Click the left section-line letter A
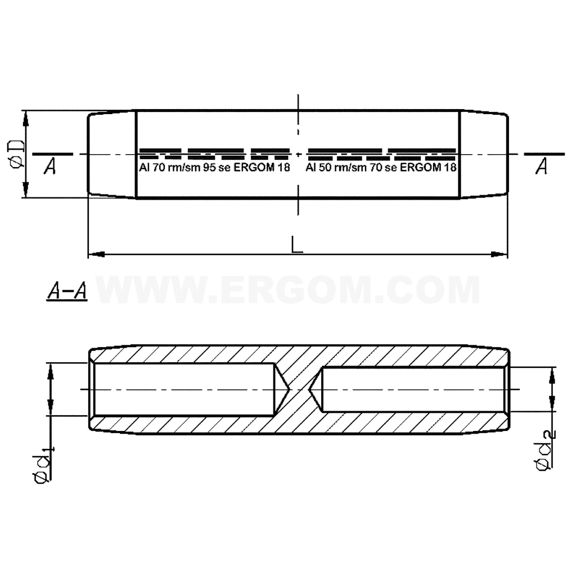pyautogui.click(x=50, y=167)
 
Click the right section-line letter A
pyautogui.click(x=541, y=167)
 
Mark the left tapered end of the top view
pyautogui.click(x=112, y=154)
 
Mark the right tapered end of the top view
pyautogui.click(x=484, y=154)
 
